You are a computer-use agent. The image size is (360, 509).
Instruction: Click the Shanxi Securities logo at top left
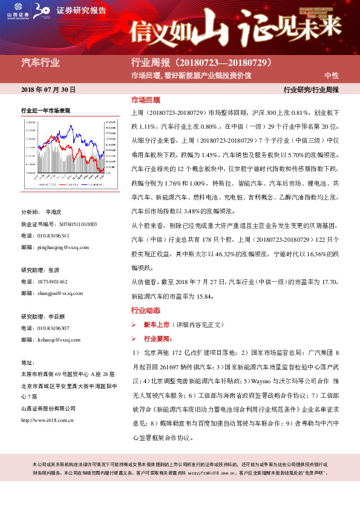(x=18, y=10)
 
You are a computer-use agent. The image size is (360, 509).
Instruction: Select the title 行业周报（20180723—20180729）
(x=205, y=62)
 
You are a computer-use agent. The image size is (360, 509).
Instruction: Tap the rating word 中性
(x=332, y=75)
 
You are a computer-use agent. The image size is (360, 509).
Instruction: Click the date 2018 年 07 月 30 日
(x=48, y=89)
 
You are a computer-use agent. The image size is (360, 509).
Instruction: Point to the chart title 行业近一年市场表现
(x=46, y=111)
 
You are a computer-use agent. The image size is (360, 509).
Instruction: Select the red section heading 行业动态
(x=146, y=311)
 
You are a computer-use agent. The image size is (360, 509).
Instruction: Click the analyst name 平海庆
(x=54, y=212)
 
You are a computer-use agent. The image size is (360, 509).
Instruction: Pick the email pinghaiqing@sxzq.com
(x=63, y=247)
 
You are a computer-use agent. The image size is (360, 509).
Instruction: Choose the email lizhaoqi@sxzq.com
(x=59, y=340)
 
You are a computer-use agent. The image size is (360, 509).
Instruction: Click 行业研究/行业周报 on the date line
(x=311, y=89)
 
